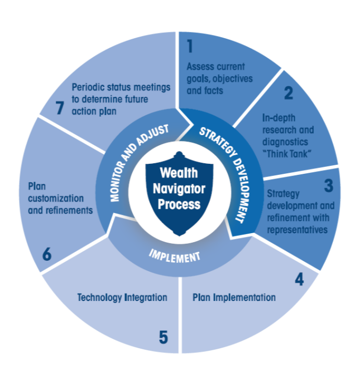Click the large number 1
[x=190, y=46]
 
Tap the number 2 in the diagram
[x=288, y=93]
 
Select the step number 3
[x=329, y=185]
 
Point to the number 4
[x=299, y=279]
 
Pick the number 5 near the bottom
[x=163, y=337]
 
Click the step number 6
[x=47, y=254]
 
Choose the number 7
[x=59, y=108]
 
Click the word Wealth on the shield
[x=179, y=173]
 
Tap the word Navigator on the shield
[x=179, y=189]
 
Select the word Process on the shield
[x=179, y=204]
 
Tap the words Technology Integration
[x=122, y=298]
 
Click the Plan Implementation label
[x=234, y=297]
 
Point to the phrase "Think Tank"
[x=287, y=154]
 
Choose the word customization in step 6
[x=56, y=198]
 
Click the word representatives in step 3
[x=297, y=230]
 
